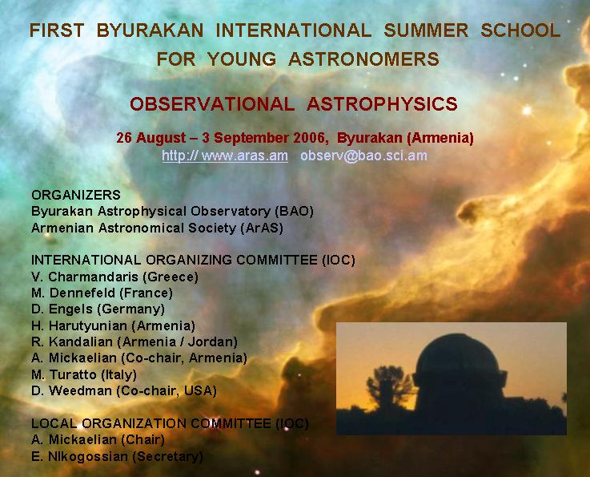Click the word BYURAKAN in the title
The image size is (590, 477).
(150, 30)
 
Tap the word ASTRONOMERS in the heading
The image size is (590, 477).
(364, 59)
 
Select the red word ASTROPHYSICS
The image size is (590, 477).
(382, 104)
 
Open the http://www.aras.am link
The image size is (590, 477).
(225, 156)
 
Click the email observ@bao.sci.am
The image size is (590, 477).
(364, 156)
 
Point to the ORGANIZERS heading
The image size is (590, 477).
(76, 195)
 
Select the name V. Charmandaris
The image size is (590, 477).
(85, 277)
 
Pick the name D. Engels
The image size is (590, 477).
(62, 309)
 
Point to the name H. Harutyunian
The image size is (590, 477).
(79, 325)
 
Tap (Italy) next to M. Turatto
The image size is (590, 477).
(119, 374)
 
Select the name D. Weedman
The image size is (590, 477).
(72, 390)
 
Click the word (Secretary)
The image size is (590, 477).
(167, 457)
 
